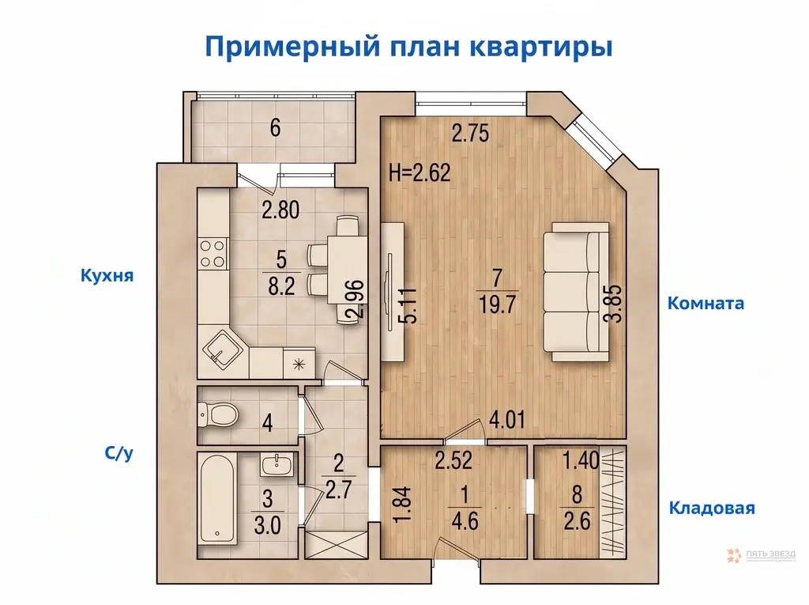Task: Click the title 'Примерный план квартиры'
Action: (x=408, y=46)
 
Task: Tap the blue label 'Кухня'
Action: (x=104, y=276)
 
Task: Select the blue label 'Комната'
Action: (x=706, y=303)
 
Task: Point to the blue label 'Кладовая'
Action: (x=711, y=508)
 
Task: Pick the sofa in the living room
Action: (x=577, y=293)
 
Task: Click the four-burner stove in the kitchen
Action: (x=212, y=253)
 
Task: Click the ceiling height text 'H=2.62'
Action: (x=420, y=172)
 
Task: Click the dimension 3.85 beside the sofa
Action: (x=614, y=303)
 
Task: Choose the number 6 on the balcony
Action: (x=274, y=128)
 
